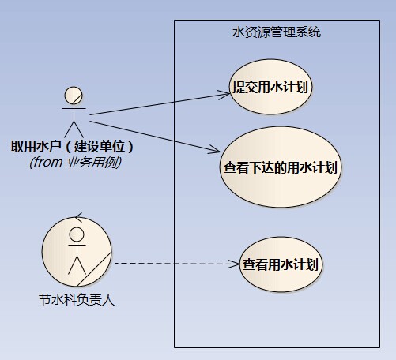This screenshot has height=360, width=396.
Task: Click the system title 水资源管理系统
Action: coord(277,32)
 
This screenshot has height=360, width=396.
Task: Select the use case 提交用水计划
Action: coord(270,87)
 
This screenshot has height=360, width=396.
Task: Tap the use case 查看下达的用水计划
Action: coord(281,167)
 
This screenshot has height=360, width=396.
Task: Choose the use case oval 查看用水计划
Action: coord(281,264)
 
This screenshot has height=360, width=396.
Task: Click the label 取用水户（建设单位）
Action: coord(73,146)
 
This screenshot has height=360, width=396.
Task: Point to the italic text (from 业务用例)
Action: coord(75,162)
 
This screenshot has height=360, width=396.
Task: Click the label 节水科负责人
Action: coord(77,300)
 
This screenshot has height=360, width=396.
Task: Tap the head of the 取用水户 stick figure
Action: coord(74,96)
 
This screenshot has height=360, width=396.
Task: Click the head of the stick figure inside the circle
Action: coord(77,234)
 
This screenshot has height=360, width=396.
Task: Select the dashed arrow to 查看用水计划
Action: coord(177,264)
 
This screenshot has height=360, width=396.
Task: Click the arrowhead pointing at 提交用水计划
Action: coord(224,94)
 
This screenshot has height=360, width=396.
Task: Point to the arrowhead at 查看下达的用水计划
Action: coord(214,150)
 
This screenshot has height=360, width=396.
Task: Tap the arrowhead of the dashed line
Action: coord(234,264)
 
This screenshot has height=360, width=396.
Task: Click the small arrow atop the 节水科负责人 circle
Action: coord(78,217)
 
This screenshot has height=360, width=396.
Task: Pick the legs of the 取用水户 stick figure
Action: coord(74,129)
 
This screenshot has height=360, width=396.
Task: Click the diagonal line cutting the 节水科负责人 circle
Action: coord(94,269)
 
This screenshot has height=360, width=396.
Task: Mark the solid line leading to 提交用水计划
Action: coord(160,104)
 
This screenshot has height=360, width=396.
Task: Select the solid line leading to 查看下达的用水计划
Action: coord(155,137)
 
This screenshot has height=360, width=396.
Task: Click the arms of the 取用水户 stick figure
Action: coord(74,108)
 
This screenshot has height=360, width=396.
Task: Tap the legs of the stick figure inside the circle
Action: coord(77,265)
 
